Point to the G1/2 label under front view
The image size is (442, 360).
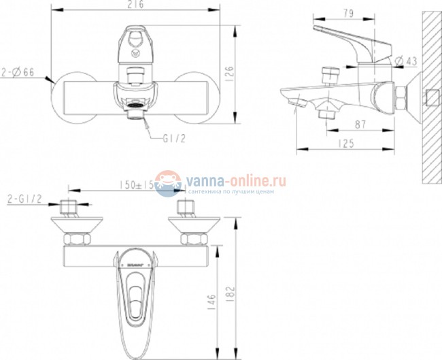coord(173,137)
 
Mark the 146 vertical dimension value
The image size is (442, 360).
coord(212,300)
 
